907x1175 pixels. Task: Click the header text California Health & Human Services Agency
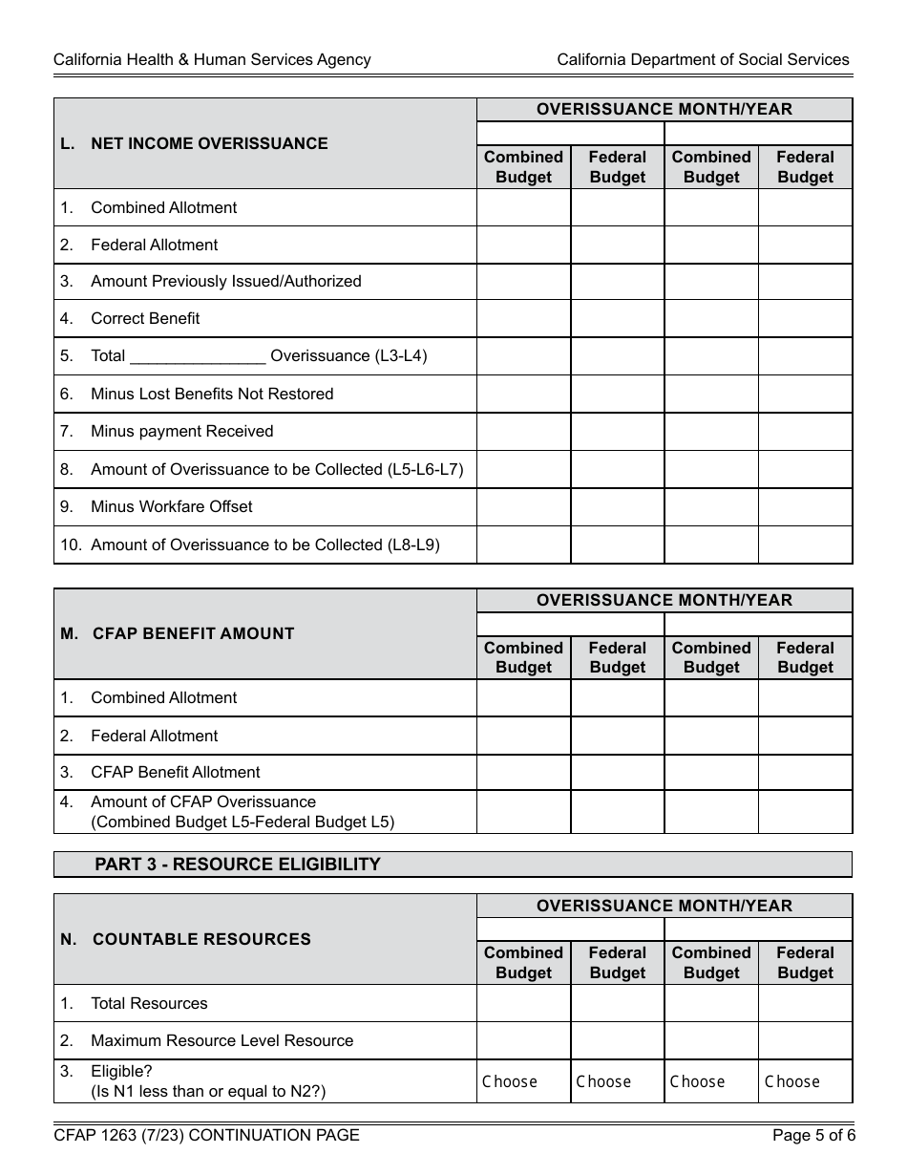(212, 59)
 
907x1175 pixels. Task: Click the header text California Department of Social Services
(703, 59)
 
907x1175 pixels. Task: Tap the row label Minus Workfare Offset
(171, 506)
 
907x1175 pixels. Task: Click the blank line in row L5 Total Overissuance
(198, 356)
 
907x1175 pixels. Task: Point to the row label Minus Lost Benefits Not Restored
(212, 394)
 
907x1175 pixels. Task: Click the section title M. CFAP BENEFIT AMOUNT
(193, 633)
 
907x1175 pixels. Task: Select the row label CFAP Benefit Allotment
(175, 772)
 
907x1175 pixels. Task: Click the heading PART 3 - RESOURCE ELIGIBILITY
(237, 865)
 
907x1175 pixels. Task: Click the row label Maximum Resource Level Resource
(221, 1040)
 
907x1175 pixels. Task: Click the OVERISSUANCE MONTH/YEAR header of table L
(664, 109)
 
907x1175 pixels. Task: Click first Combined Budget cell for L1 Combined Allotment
(523, 207)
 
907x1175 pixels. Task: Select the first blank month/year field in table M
(570, 624)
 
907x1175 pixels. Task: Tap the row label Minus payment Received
(181, 431)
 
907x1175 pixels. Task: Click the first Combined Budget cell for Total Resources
(523, 1003)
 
